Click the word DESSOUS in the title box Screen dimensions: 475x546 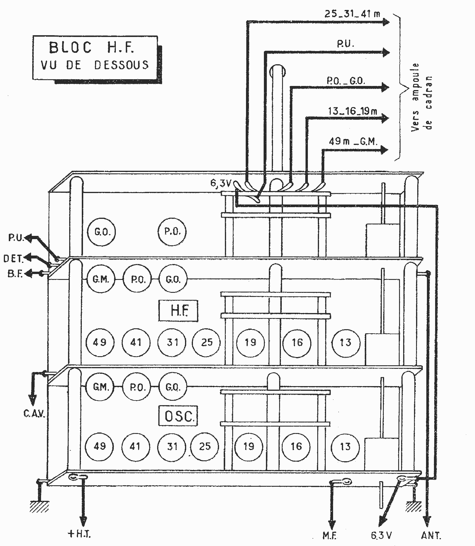click(x=121, y=65)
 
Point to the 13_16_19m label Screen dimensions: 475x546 click(x=353, y=111)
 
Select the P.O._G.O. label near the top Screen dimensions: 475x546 click(x=346, y=81)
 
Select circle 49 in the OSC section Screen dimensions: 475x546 click(x=99, y=446)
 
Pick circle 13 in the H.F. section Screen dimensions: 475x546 click(x=346, y=342)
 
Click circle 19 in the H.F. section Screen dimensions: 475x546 click(x=250, y=342)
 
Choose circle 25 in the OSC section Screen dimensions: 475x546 click(x=205, y=446)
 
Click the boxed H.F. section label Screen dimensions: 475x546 click(x=178, y=310)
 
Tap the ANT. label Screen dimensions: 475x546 click(x=431, y=535)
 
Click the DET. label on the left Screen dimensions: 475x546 click(x=13, y=258)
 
